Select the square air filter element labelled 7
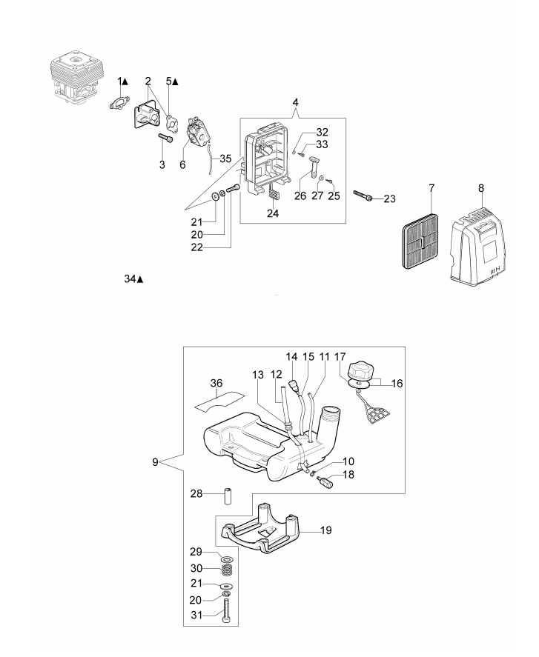point(420,241)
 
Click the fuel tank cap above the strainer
point(360,371)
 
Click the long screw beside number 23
point(362,196)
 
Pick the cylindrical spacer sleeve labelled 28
point(228,496)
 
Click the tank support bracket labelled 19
point(260,528)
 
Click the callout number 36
point(216,383)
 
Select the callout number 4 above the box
point(296,103)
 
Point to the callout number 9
point(155,462)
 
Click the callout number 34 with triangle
point(133,279)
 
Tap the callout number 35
point(225,159)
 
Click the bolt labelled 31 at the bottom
point(227,613)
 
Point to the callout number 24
point(273,213)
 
